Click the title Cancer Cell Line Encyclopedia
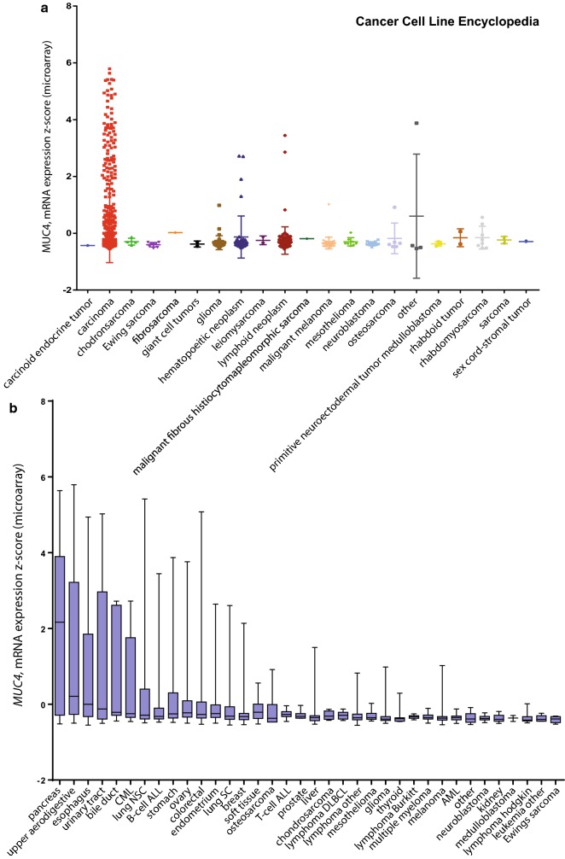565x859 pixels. pyautogui.click(x=447, y=22)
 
